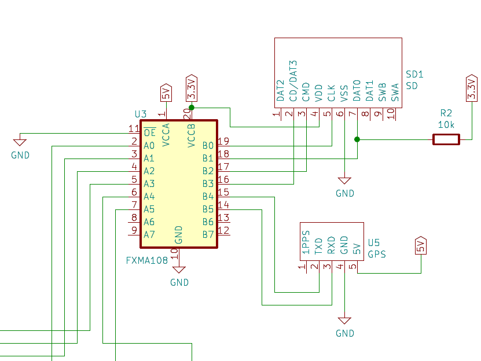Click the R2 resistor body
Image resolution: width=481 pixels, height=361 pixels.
(x=446, y=139)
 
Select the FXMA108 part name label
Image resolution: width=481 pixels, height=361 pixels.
(x=147, y=261)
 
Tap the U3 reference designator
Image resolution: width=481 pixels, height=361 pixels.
(x=141, y=114)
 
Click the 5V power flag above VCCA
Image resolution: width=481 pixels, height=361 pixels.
(x=166, y=93)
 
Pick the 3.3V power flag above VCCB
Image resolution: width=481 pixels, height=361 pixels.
(x=192, y=88)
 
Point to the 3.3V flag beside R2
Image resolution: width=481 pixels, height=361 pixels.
(x=472, y=88)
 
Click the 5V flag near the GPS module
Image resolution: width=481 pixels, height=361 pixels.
(x=421, y=245)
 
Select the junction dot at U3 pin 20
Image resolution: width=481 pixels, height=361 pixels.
(x=192, y=108)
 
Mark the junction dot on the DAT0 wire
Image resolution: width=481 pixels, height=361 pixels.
(x=357, y=139)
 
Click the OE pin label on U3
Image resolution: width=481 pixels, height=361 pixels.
(x=150, y=132)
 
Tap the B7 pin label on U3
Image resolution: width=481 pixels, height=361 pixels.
(x=208, y=235)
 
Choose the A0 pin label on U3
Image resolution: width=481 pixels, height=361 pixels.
(x=149, y=145)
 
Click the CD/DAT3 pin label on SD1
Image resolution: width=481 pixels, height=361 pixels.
(x=293, y=80)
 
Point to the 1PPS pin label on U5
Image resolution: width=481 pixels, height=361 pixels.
(x=306, y=242)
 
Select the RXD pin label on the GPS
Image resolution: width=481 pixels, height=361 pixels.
(x=331, y=245)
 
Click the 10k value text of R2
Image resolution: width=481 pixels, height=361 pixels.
(x=446, y=125)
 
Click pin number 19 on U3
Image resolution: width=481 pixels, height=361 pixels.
(x=223, y=141)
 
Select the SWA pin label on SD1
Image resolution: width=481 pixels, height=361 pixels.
(x=395, y=93)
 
